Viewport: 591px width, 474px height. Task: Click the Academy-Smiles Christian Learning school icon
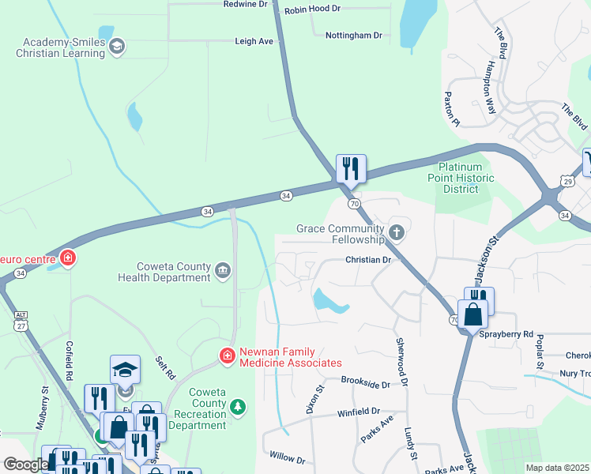coord(117,46)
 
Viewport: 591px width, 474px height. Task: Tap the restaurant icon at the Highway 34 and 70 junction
coord(350,168)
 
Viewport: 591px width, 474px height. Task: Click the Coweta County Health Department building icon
coord(223,271)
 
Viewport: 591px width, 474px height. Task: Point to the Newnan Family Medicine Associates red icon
coord(228,356)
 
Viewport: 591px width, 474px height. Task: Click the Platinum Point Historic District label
coord(466,178)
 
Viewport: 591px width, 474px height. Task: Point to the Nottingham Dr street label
coord(354,36)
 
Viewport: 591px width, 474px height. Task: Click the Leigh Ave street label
coord(254,41)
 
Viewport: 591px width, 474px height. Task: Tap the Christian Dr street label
coord(368,259)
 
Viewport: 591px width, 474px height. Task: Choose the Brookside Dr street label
coord(366,381)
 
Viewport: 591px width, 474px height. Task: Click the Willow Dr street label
coord(287,458)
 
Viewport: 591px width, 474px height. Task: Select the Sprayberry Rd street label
coord(506,334)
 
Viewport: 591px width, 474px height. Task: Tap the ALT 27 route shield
coord(20,319)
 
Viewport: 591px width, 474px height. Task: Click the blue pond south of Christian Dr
coord(329,300)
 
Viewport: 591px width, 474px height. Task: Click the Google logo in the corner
coord(25,465)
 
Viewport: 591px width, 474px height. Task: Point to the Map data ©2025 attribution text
coord(557,468)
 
